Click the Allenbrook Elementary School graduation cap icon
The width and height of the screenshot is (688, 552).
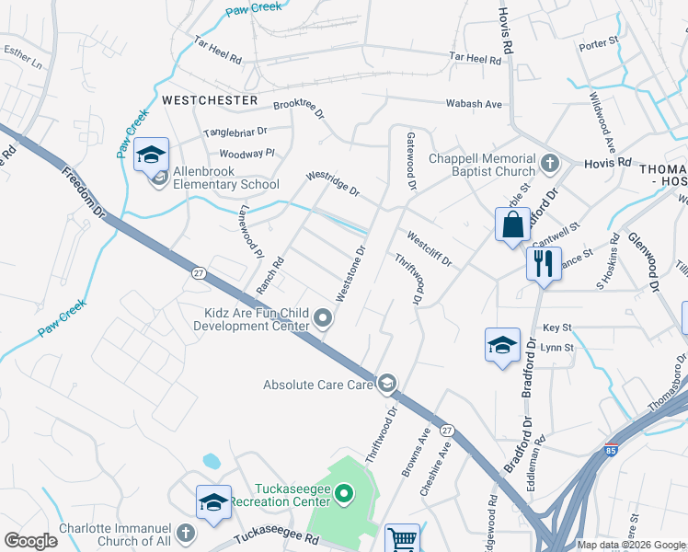[152, 155]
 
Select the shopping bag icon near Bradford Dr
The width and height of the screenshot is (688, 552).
[512, 224]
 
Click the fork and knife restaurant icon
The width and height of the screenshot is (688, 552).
[544, 263]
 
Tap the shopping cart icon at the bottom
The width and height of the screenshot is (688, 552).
[402, 538]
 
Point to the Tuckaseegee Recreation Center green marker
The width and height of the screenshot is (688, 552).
[345, 495]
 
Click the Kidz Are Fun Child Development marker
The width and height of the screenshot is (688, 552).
[323, 319]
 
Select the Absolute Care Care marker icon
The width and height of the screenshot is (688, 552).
[388, 383]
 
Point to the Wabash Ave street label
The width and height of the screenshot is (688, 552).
[475, 104]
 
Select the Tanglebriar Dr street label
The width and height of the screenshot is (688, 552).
[235, 132]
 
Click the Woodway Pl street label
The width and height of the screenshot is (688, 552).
[247, 154]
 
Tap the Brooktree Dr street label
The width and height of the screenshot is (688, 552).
[299, 109]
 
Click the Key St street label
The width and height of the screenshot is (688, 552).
[557, 327]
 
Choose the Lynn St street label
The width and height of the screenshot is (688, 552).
[557, 348]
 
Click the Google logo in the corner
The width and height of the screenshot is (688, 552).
[30, 541]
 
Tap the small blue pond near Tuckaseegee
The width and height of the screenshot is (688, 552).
[212, 459]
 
